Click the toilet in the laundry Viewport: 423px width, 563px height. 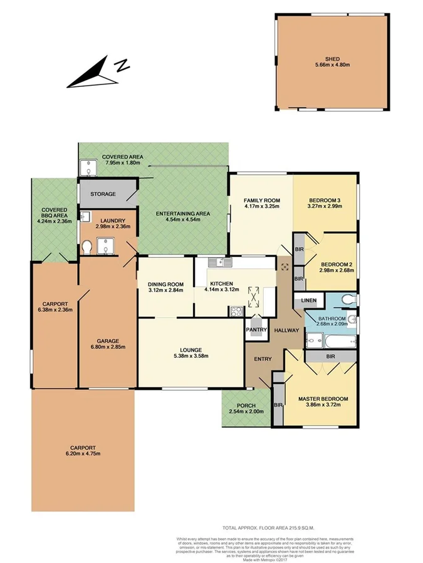coord(88,249)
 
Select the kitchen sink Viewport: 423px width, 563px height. coord(221,261)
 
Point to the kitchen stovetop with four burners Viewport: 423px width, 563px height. coord(238,311)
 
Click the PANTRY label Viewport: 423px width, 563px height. coord(257,330)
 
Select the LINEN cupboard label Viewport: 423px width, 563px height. coord(309,301)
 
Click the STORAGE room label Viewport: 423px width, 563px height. coord(103,194)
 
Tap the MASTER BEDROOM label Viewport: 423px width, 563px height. coord(323,399)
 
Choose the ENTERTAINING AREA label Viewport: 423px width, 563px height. coord(182,214)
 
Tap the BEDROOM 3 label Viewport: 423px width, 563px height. coord(324,201)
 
